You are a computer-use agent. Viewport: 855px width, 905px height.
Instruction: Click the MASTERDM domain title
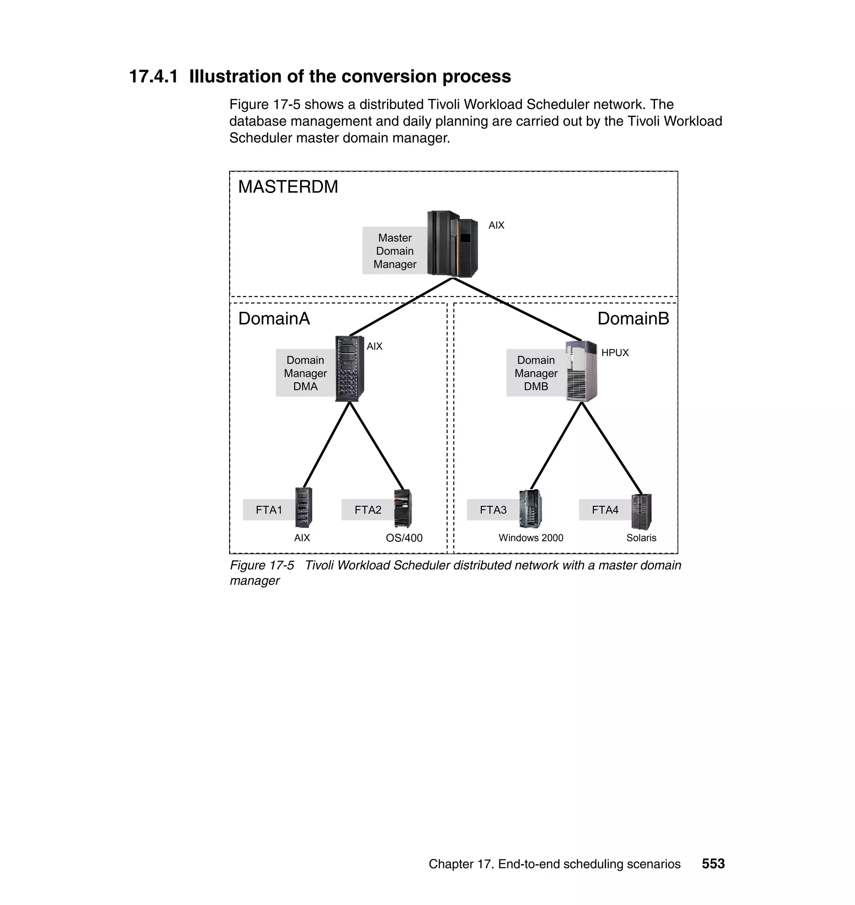coord(288,187)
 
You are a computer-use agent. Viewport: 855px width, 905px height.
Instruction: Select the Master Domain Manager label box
coord(395,251)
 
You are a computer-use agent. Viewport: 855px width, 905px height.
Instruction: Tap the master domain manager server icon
coord(452,244)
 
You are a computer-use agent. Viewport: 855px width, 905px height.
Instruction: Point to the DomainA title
coord(274,319)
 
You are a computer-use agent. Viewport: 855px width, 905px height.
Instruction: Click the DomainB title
coord(633,319)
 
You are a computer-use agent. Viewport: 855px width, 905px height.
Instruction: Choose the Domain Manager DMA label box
coord(305,373)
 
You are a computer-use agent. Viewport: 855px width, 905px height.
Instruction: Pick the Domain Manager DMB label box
coord(536,373)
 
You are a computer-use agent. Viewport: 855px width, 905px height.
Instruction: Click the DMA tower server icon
coord(349,369)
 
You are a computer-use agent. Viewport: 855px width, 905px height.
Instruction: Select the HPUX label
coord(615,353)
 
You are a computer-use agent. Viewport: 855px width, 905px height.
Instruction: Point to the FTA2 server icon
coord(403,508)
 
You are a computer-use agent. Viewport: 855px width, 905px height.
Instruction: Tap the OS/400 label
coord(404,538)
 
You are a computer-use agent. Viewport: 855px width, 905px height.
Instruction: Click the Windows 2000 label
coord(531,538)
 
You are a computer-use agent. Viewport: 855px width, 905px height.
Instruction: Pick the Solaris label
coord(641,538)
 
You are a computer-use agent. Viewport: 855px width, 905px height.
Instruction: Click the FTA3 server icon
coord(531,508)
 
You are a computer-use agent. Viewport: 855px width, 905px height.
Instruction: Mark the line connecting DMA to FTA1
coord(326,445)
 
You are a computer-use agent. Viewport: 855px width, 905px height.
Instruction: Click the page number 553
coord(713,864)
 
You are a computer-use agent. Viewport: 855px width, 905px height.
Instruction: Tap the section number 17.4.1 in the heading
coord(154,76)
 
